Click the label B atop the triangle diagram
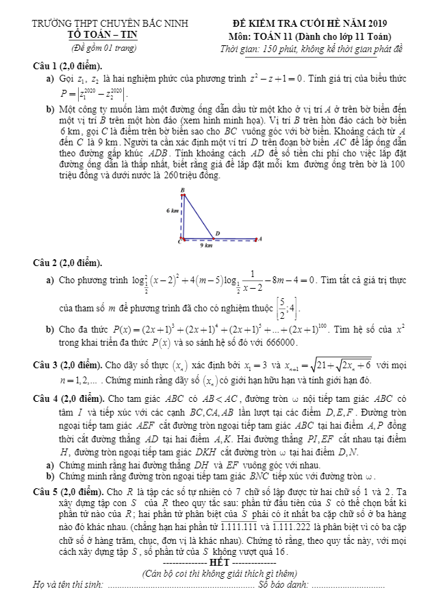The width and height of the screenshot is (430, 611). (x=183, y=189)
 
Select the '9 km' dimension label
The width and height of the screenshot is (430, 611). (x=205, y=245)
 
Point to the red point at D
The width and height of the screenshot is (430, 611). (x=218, y=239)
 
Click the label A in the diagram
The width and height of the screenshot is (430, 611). (x=260, y=239)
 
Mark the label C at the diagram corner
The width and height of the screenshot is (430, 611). (x=180, y=241)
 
